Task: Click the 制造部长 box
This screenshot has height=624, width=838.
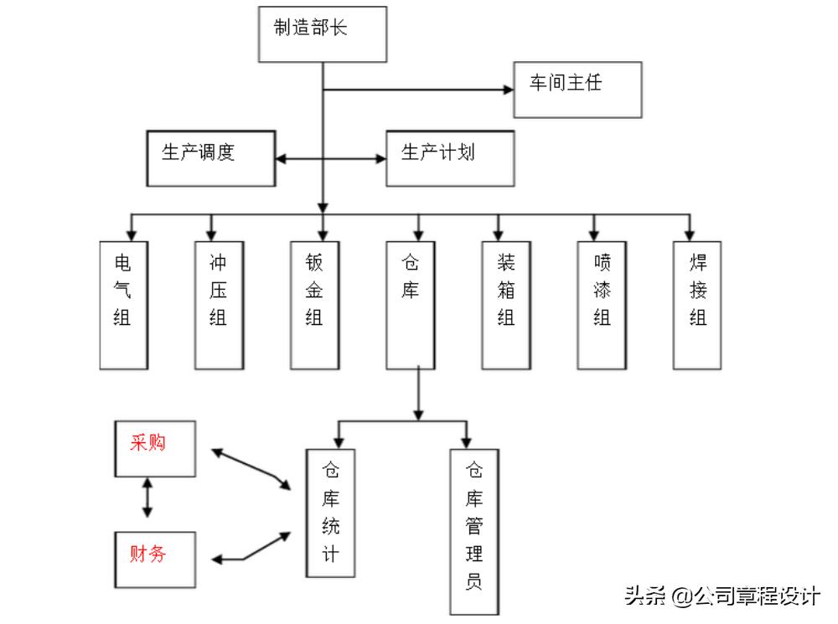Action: click(x=323, y=34)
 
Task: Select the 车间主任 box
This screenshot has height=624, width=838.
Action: click(x=577, y=88)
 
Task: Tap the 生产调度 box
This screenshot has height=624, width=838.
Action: click(x=210, y=157)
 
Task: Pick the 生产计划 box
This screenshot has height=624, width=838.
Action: click(x=449, y=157)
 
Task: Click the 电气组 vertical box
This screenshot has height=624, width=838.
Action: click(x=123, y=305)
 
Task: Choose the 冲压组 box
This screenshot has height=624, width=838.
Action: click(x=219, y=305)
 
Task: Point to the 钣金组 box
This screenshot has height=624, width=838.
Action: click(x=315, y=305)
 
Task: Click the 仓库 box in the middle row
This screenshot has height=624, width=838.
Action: click(x=411, y=305)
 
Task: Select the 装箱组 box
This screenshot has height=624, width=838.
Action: click(x=506, y=305)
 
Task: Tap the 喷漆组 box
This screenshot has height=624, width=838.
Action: click(x=602, y=305)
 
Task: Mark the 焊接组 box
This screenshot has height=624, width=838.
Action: click(x=697, y=305)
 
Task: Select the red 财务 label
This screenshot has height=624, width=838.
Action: click(x=147, y=554)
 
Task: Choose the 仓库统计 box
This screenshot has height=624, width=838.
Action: click(x=330, y=512)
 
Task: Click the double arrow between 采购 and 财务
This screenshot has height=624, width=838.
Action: click(x=148, y=498)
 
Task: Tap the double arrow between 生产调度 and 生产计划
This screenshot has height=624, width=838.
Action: click(x=330, y=157)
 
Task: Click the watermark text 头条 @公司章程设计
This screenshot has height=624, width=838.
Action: click(x=722, y=596)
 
